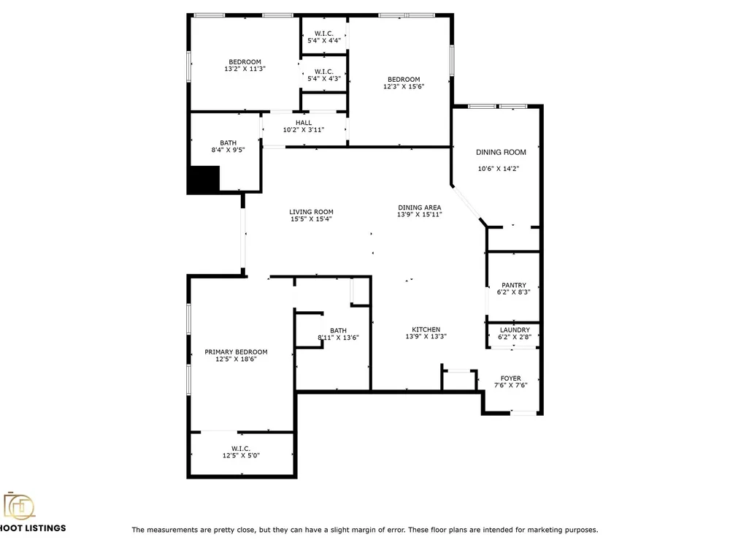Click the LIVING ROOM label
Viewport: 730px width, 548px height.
[x=311, y=212]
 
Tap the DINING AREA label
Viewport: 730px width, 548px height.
[x=420, y=208]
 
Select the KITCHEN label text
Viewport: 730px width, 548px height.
[x=426, y=330]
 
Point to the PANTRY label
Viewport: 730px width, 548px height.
[x=514, y=285]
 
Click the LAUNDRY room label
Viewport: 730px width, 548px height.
[x=515, y=330]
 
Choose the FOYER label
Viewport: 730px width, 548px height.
[x=511, y=378]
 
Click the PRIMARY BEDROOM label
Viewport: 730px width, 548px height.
[x=236, y=352]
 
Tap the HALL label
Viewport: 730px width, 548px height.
[x=304, y=123]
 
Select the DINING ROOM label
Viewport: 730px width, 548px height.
[x=501, y=152]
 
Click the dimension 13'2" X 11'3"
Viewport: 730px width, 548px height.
[x=245, y=69]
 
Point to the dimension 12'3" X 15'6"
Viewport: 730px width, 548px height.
[x=404, y=86]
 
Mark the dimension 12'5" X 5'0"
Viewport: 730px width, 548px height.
[x=241, y=455]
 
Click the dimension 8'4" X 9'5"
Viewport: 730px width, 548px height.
[x=228, y=150]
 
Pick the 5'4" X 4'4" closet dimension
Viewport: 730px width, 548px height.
[x=324, y=40]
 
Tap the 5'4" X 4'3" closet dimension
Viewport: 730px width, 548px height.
[x=324, y=78]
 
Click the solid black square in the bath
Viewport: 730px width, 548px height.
[x=204, y=180]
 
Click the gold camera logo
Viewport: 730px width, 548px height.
[x=19, y=506]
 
